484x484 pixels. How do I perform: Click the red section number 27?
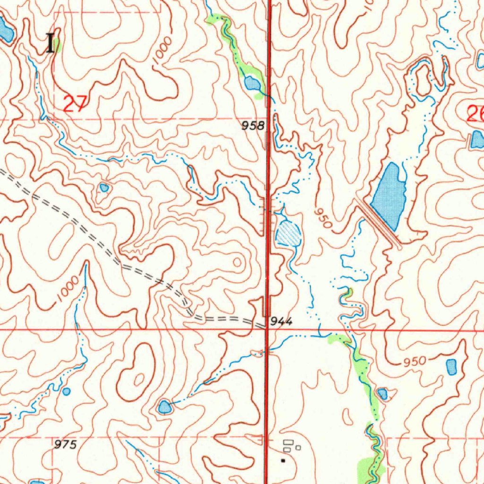click(75, 103)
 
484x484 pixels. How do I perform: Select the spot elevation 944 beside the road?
click(281, 322)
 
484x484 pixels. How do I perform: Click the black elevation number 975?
click(65, 445)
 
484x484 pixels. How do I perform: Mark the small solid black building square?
click(283, 459)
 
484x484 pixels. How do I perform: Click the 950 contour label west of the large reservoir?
click(323, 218)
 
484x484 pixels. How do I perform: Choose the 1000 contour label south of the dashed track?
click(66, 289)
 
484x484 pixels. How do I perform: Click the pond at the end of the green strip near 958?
click(251, 84)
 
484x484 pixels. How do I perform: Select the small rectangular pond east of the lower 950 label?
click(451, 366)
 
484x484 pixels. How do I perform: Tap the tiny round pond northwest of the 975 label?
click(66, 391)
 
